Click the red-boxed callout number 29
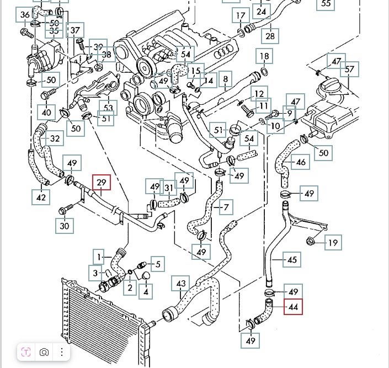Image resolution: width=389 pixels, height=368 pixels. (x=102, y=183)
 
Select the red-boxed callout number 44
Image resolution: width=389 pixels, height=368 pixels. (x=293, y=306)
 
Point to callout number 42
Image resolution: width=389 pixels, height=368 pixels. (x=42, y=196)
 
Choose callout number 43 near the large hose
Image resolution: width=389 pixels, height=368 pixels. (x=181, y=285)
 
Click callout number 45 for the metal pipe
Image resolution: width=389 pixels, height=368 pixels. (x=292, y=258)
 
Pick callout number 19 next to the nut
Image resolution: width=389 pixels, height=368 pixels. (x=332, y=243)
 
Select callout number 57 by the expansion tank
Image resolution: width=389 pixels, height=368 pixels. (x=349, y=70)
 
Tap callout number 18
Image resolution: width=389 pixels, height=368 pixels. (x=264, y=56)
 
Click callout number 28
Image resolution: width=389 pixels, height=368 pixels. (x=270, y=36)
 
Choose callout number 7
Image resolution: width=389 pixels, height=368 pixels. (x=225, y=207)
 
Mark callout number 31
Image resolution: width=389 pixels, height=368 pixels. (x=169, y=189)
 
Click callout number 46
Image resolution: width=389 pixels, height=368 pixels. (x=301, y=163)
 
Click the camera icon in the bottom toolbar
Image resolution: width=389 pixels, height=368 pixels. (x=44, y=351)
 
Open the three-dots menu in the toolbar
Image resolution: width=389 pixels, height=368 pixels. (x=61, y=351)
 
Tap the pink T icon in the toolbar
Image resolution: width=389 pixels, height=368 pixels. (x=26, y=351)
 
